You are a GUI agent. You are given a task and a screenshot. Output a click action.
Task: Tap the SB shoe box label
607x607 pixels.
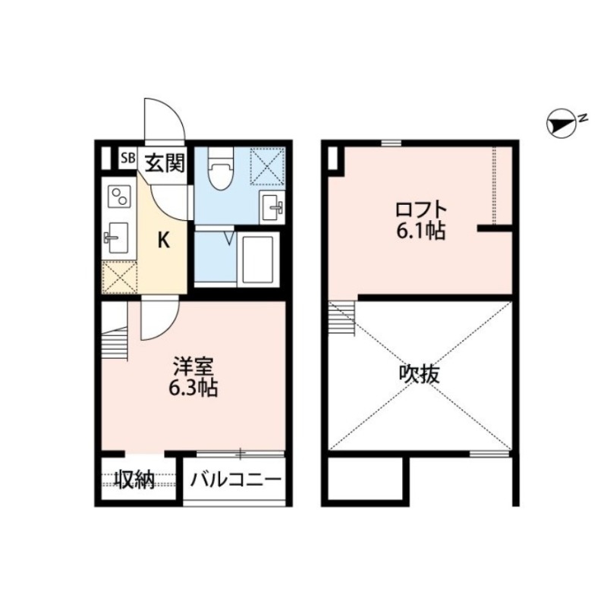(127, 159)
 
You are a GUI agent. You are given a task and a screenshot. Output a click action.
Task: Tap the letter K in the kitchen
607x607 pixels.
(162, 241)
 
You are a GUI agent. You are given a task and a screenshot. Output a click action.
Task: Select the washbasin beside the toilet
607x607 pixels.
(272, 205)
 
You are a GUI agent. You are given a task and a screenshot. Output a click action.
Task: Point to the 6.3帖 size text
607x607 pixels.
(194, 389)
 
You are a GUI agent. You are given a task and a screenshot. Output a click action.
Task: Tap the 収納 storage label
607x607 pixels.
(134, 480)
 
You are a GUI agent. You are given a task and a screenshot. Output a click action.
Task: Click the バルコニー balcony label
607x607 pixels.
(236, 480)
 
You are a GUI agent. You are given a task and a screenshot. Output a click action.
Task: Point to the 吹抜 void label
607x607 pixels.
(420, 374)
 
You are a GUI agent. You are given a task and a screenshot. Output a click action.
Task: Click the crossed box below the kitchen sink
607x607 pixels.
(120, 277)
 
